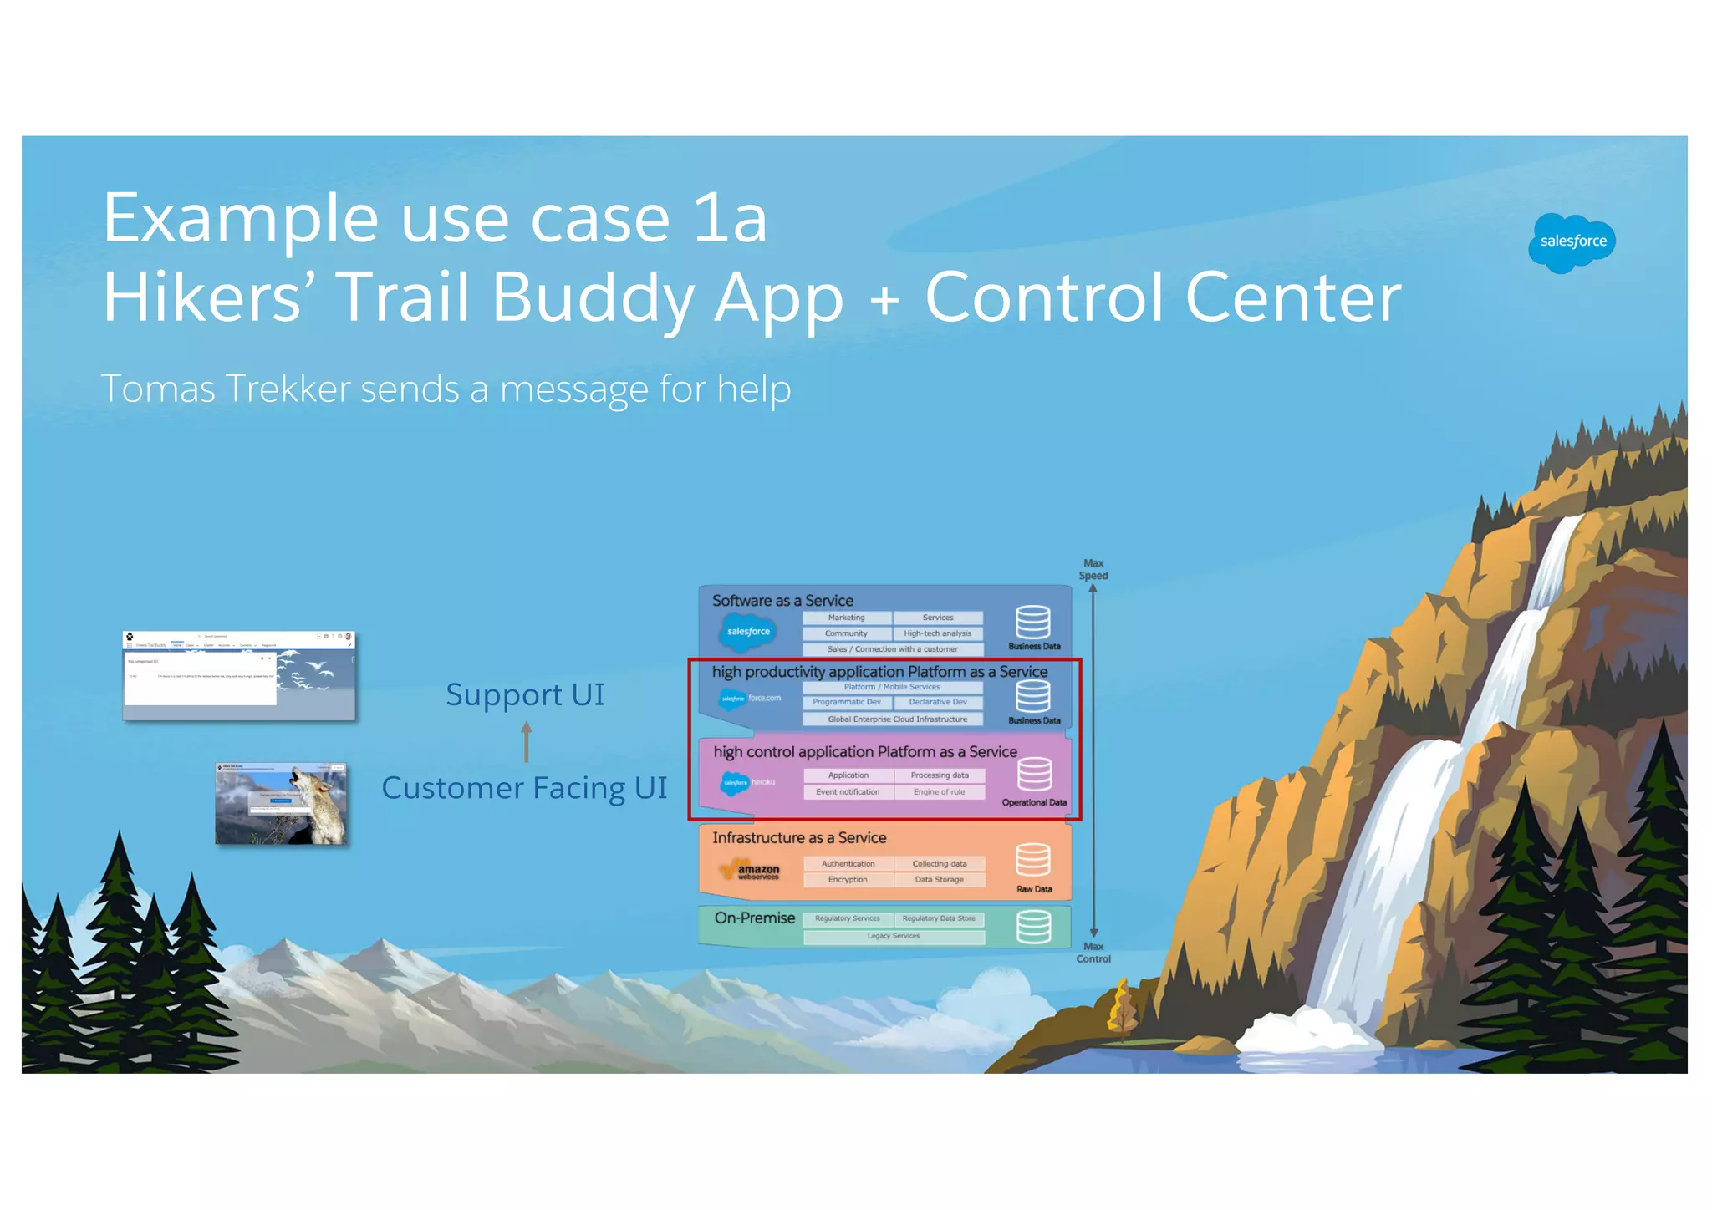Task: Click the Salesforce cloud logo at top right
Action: pyautogui.click(x=1572, y=242)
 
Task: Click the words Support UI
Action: pyautogui.click(x=524, y=695)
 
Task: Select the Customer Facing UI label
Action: pyautogui.click(x=524, y=788)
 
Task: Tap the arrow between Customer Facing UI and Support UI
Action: pyautogui.click(x=526, y=742)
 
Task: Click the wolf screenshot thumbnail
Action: pyautogui.click(x=281, y=803)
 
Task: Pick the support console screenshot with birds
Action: pyautogui.click(x=239, y=675)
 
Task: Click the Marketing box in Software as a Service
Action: pyautogui.click(x=846, y=618)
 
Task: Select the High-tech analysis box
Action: pyautogui.click(x=937, y=633)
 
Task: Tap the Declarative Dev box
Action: pyautogui.click(x=937, y=702)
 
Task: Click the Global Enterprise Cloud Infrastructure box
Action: pyautogui.click(x=896, y=719)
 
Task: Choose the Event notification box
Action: pyautogui.click(x=848, y=792)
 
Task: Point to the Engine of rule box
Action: pyautogui.click(x=939, y=792)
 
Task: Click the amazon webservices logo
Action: pyautogui.click(x=752, y=870)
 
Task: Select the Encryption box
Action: pyautogui.click(x=848, y=880)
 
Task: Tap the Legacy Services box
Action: pyautogui.click(x=893, y=937)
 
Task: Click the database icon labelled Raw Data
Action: pyautogui.click(x=1033, y=860)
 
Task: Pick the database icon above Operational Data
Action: pyautogui.click(x=1034, y=774)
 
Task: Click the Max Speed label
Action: pyautogui.click(x=1093, y=569)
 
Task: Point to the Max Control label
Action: pyautogui.click(x=1093, y=953)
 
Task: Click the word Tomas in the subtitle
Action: pyautogui.click(x=157, y=389)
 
